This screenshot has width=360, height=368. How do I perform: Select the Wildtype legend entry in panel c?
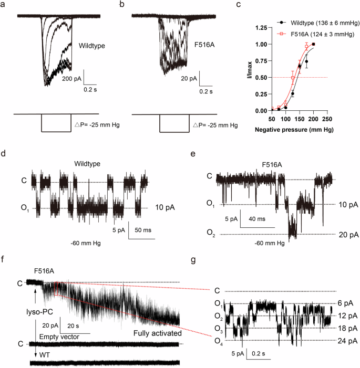(x=315, y=23)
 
